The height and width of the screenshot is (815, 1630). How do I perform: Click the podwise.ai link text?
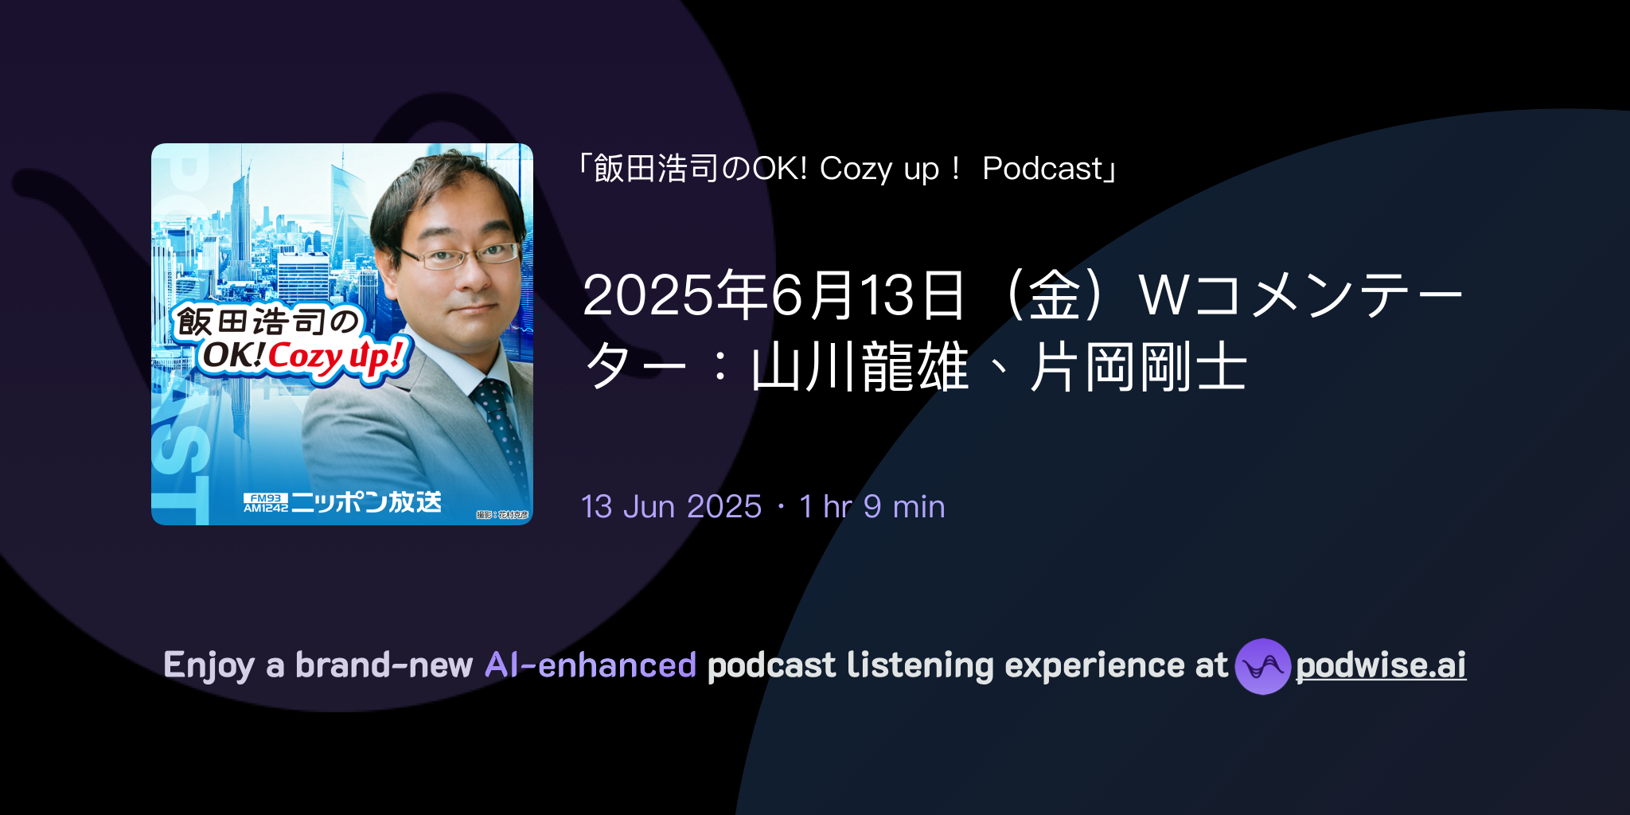[x=1380, y=665]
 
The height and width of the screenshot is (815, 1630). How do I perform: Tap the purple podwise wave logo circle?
[x=1262, y=666]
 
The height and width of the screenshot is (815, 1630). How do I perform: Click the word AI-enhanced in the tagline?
[x=591, y=665]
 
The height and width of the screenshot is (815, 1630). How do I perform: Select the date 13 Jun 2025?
[x=671, y=507]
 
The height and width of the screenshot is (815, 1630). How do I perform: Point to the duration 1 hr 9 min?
[x=872, y=507]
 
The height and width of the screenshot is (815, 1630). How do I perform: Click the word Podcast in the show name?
[x=1043, y=169]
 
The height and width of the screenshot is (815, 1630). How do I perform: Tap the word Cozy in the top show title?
[x=856, y=169]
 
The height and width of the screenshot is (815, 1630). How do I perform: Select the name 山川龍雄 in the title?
[x=860, y=368]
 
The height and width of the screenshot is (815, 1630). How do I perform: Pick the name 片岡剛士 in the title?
[x=1138, y=368]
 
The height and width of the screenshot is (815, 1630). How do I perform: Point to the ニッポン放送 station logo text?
[x=366, y=502]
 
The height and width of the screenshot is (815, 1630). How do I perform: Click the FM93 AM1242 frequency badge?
[x=265, y=502]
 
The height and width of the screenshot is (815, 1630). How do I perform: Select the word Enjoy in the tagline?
[x=209, y=665]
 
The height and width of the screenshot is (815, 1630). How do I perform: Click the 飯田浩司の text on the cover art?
[x=267, y=322]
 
